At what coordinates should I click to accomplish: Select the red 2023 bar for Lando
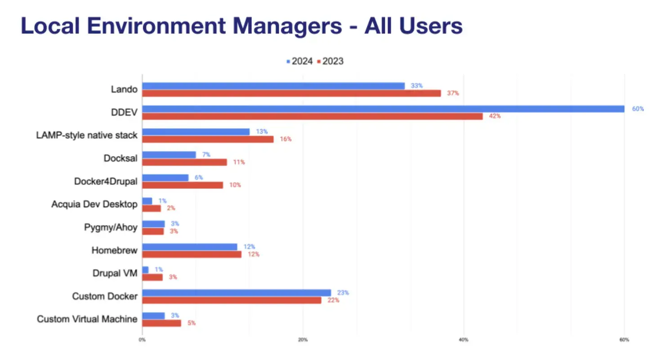pyautogui.click(x=291, y=93)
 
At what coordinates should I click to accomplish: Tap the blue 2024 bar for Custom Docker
pyautogui.click(x=236, y=293)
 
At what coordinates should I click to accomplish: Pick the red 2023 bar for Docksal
pyautogui.click(x=184, y=162)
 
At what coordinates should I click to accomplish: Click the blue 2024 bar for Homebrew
pyautogui.click(x=190, y=247)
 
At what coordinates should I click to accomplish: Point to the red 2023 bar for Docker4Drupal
pyautogui.click(x=183, y=185)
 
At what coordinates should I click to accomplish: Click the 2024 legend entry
pyautogui.click(x=299, y=61)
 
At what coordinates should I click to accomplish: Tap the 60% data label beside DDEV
pyautogui.click(x=638, y=109)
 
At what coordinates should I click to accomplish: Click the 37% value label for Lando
pyautogui.click(x=453, y=93)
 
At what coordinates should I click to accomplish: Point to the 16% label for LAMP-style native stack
pyautogui.click(x=285, y=139)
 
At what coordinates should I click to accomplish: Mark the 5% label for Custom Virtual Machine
pyautogui.click(x=192, y=323)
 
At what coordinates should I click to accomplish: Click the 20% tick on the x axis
pyautogui.click(x=303, y=340)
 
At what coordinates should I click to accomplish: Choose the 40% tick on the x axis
pyautogui.click(x=464, y=340)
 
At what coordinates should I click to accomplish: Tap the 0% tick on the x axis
pyautogui.click(x=142, y=340)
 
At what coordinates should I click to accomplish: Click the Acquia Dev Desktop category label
pyautogui.click(x=94, y=204)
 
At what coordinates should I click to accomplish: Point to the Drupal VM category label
pyautogui.click(x=115, y=273)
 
